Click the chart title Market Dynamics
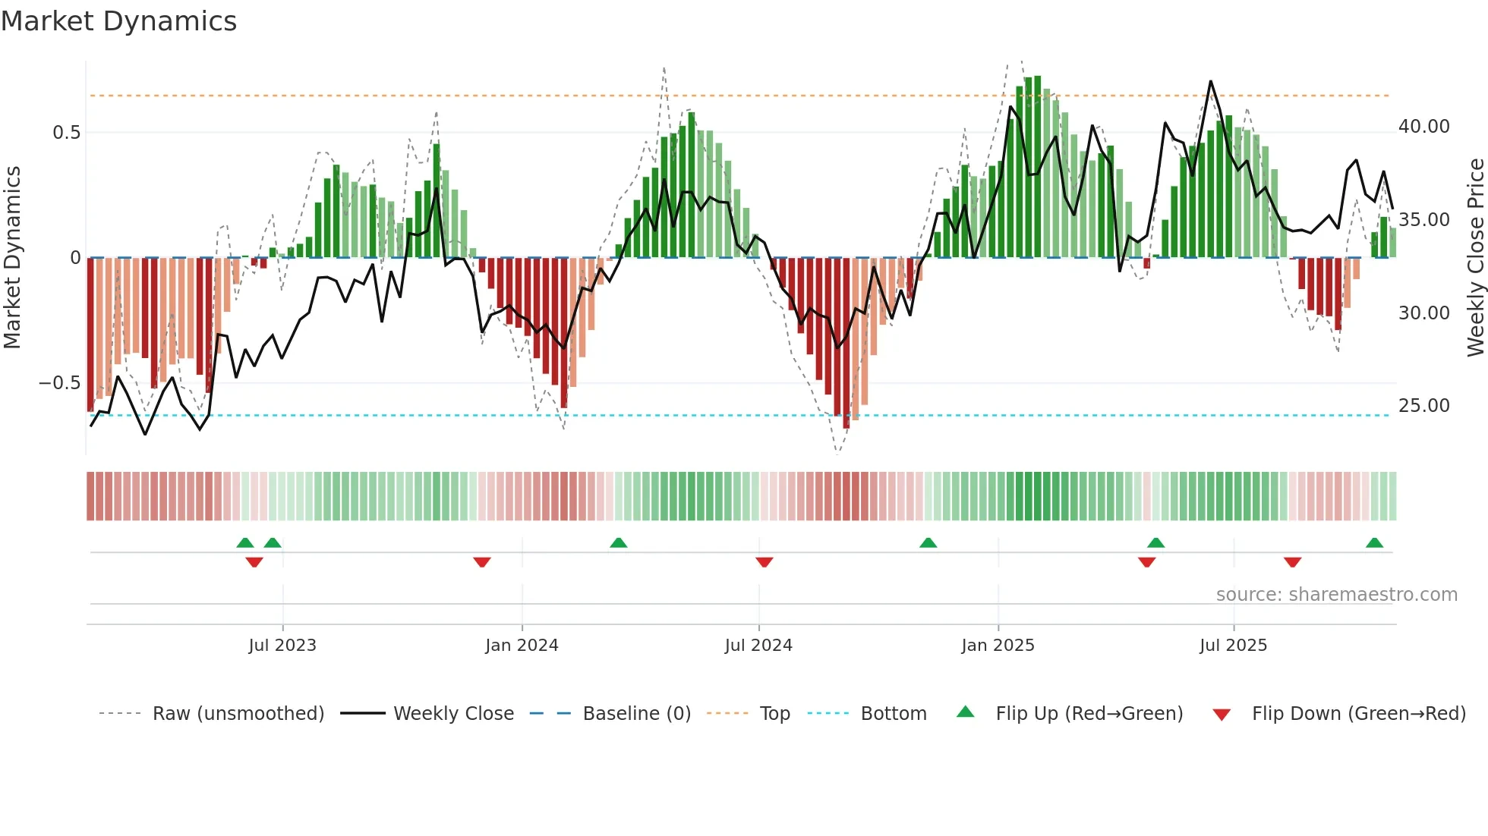(x=118, y=21)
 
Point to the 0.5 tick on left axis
(x=66, y=133)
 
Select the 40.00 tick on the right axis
(x=1423, y=127)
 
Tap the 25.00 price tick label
(x=1423, y=406)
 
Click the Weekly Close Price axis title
(x=1475, y=258)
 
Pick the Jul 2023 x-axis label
(x=282, y=646)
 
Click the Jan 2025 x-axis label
(x=997, y=646)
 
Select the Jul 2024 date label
(x=758, y=646)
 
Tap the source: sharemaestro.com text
(x=1336, y=595)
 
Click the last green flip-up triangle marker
(x=1374, y=543)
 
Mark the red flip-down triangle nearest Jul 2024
(x=764, y=562)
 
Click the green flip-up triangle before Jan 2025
(x=928, y=543)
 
